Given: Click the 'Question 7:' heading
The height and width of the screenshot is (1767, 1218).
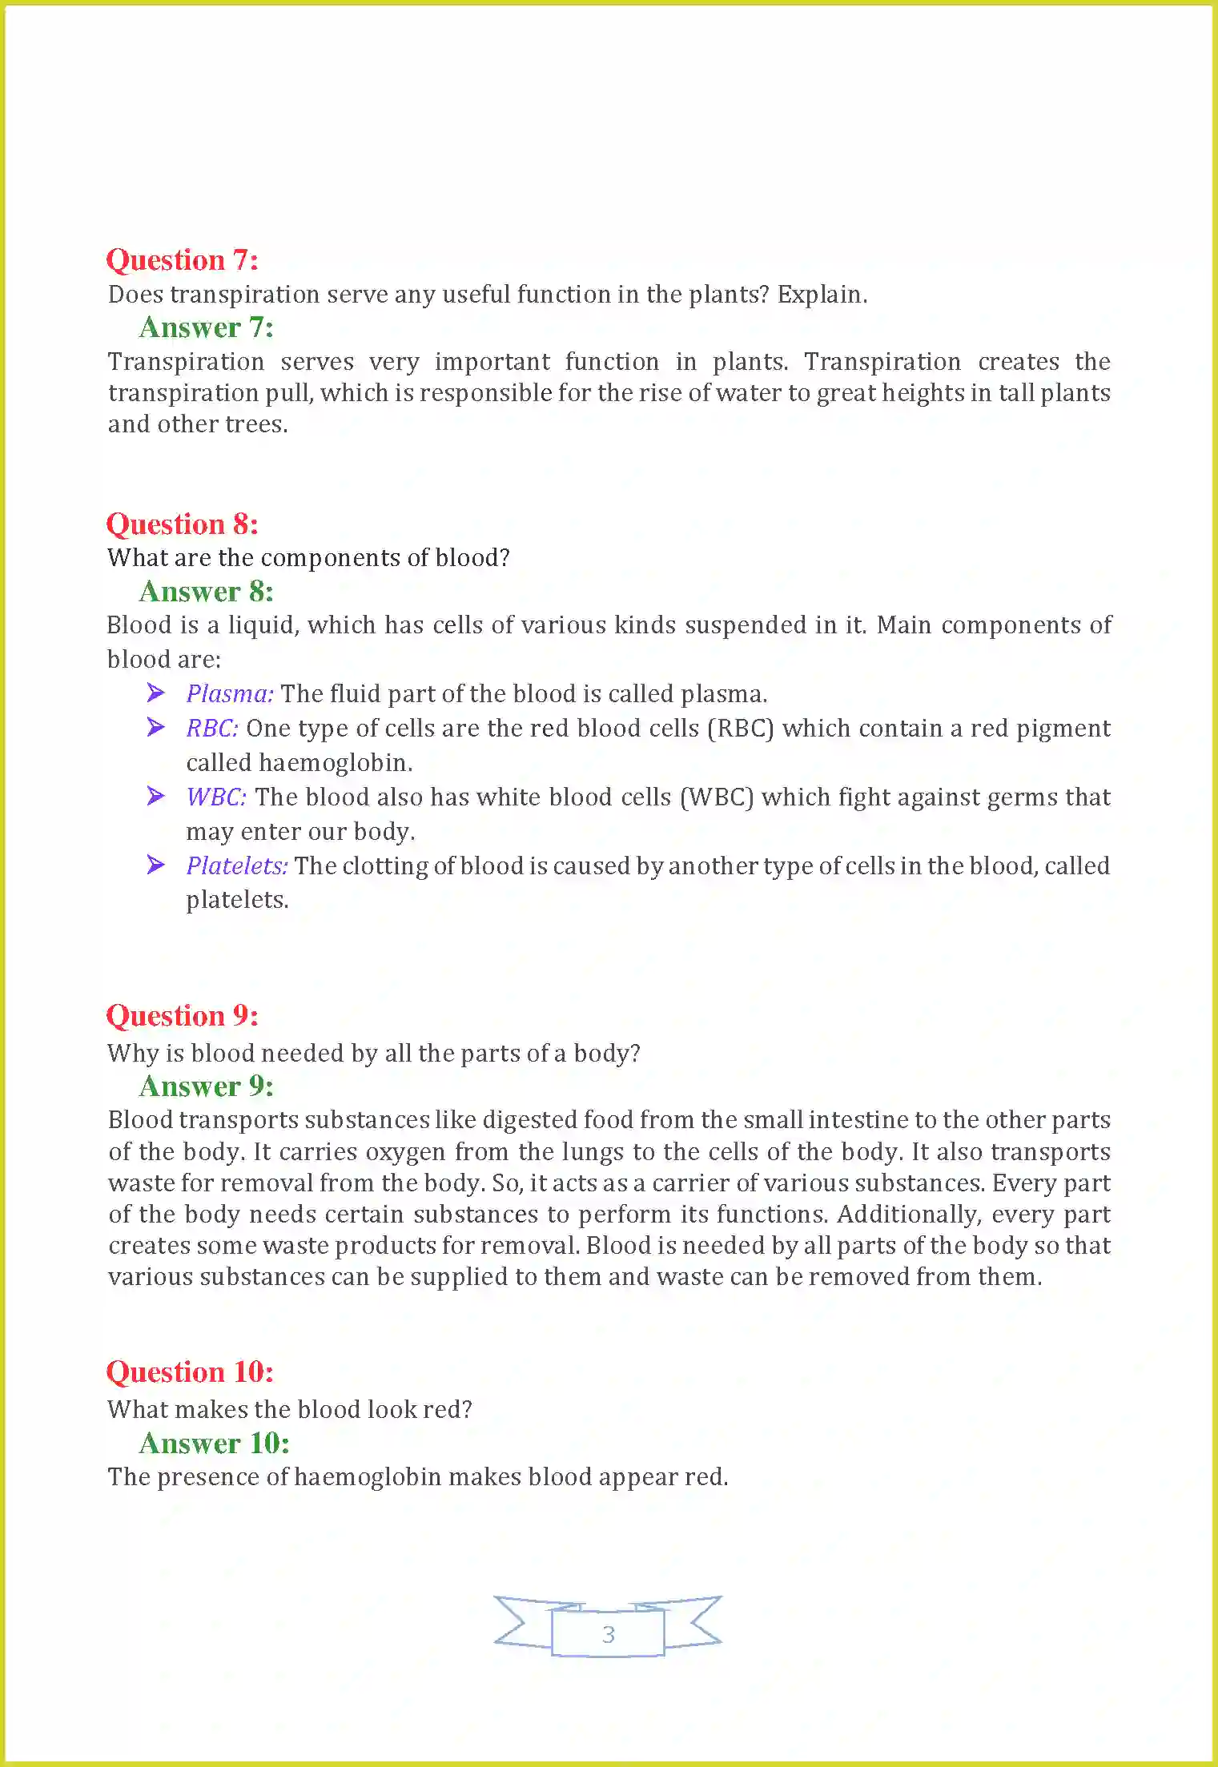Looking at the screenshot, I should [x=182, y=260].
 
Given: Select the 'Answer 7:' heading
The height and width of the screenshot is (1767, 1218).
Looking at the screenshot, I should [x=206, y=327].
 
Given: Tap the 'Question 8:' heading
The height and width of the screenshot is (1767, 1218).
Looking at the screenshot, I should [x=182, y=524].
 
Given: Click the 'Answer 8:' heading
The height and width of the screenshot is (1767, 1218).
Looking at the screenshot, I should [x=206, y=592].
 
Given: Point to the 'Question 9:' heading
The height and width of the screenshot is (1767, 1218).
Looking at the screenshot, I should [x=182, y=1016].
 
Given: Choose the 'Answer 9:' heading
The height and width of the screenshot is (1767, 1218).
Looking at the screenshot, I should [x=206, y=1086].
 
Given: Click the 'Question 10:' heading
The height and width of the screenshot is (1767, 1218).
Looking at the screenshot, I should [x=190, y=1372].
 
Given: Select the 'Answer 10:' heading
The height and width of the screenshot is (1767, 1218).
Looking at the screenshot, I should [x=214, y=1444].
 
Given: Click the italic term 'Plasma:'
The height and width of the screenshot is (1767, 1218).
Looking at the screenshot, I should [x=230, y=694].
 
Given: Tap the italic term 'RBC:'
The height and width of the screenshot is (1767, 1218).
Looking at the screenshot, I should [x=212, y=729].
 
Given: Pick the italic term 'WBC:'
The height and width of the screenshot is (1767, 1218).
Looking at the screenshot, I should [x=216, y=797].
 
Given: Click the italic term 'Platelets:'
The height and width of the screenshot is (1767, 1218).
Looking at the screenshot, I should [x=237, y=866].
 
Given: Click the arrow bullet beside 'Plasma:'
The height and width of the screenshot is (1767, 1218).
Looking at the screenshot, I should [x=156, y=693].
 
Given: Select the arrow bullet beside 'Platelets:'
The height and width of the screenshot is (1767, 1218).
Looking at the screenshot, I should [x=156, y=865].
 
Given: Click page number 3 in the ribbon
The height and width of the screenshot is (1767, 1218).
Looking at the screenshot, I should [x=608, y=1634].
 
